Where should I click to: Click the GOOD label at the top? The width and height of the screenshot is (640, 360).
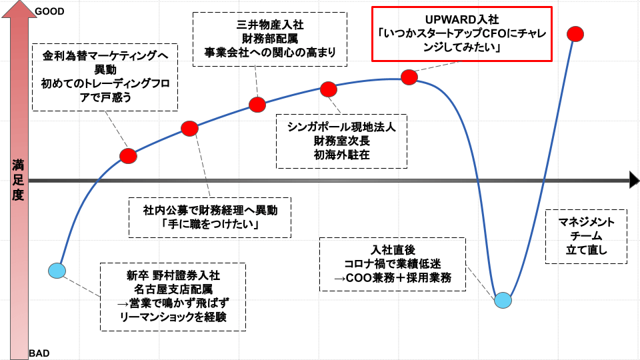(x=49, y=11)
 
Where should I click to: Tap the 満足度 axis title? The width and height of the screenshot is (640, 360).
(x=19, y=181)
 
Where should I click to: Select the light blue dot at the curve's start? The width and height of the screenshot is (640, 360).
(x=58, y=270)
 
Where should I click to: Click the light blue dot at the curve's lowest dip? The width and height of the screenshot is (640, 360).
(x=504, y=300)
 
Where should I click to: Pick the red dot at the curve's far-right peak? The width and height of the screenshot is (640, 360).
(x=576, y=34)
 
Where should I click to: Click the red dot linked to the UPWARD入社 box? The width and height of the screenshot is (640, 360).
(x=409, y=77)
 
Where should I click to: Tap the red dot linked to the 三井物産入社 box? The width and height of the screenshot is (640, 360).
(x=257, y=104)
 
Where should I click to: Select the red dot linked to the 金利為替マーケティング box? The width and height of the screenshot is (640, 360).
(x=128, y=156)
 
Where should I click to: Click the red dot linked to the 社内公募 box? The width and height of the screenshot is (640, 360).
(x=189, y=128)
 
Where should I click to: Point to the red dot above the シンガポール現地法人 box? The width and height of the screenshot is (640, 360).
(x=329, y=89)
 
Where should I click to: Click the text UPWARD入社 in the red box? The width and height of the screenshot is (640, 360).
(x=461, y=20)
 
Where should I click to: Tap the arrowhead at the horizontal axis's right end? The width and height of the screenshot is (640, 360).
(x=633, y=180)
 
